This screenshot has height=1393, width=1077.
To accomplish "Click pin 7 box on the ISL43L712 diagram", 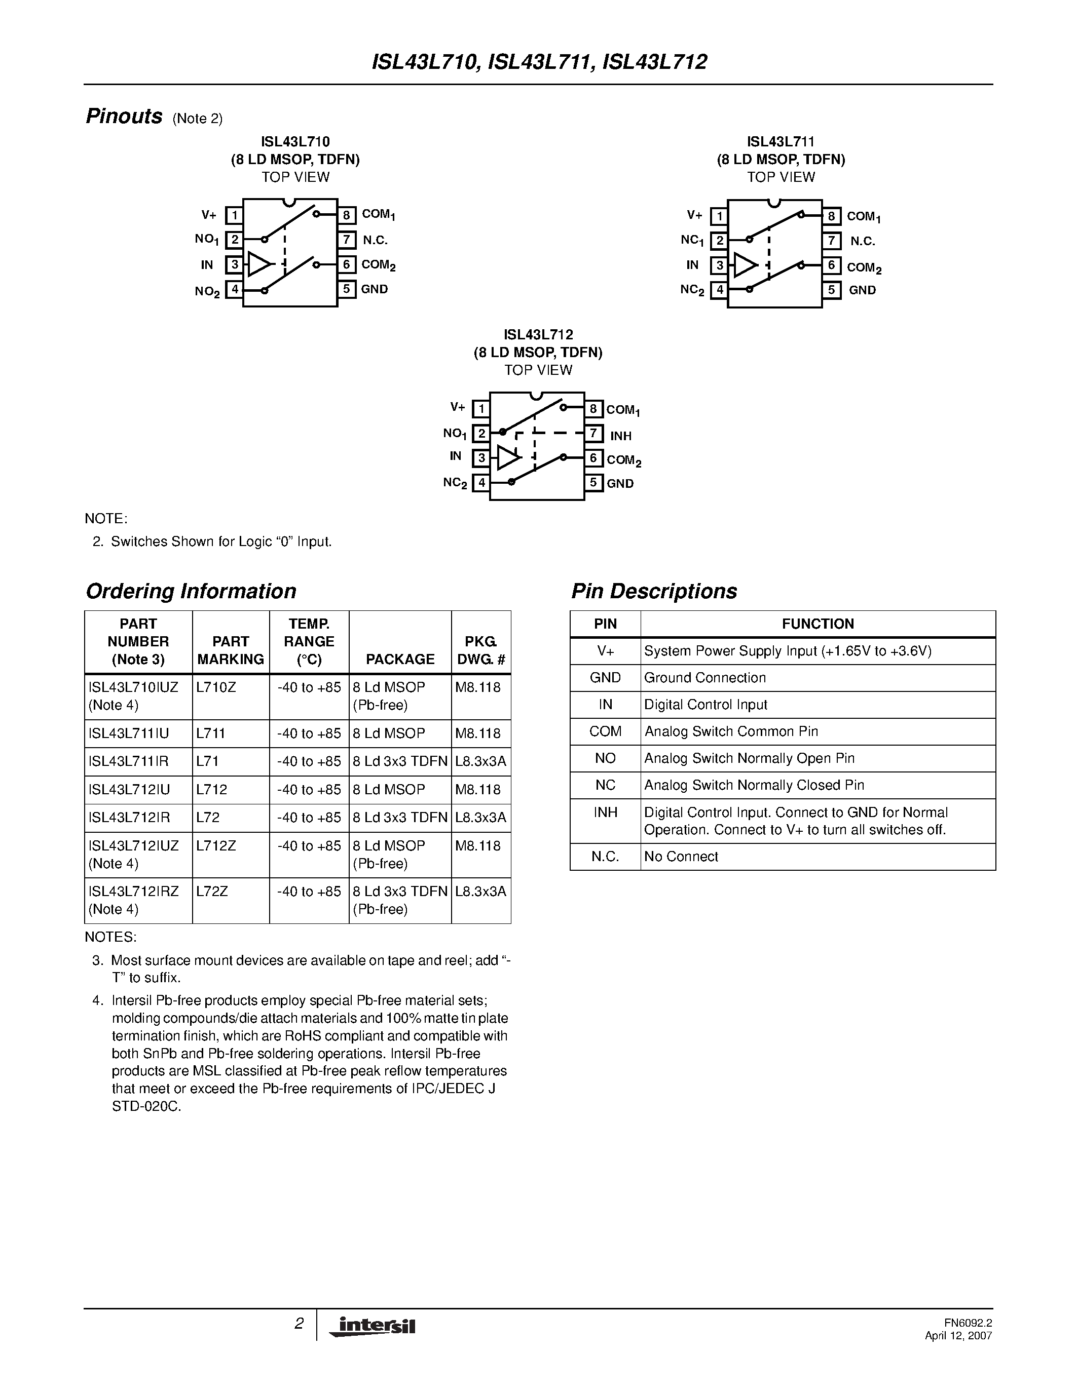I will click(x=593, y=434).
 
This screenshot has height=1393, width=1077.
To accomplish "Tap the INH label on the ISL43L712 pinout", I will click(x=621, y=436).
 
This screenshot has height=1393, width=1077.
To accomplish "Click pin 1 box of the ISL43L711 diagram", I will click(x=720, y=216).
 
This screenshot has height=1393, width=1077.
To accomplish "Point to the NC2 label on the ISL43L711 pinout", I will click(x=692, y=290).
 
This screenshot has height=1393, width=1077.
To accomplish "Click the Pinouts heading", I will click(x=124, y=117).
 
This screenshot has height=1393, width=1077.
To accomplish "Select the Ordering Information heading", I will click(x=191, y=591).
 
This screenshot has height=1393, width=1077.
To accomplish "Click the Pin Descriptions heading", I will click(x=654, y=591).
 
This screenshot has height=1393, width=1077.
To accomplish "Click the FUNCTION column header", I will click(x=818, y=624).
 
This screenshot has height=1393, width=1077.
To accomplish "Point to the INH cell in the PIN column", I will click(x=605, y=812).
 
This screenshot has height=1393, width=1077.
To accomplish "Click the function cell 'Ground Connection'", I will click(x=704, y=678).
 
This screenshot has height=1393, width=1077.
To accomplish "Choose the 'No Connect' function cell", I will click(x=681, y=857).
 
